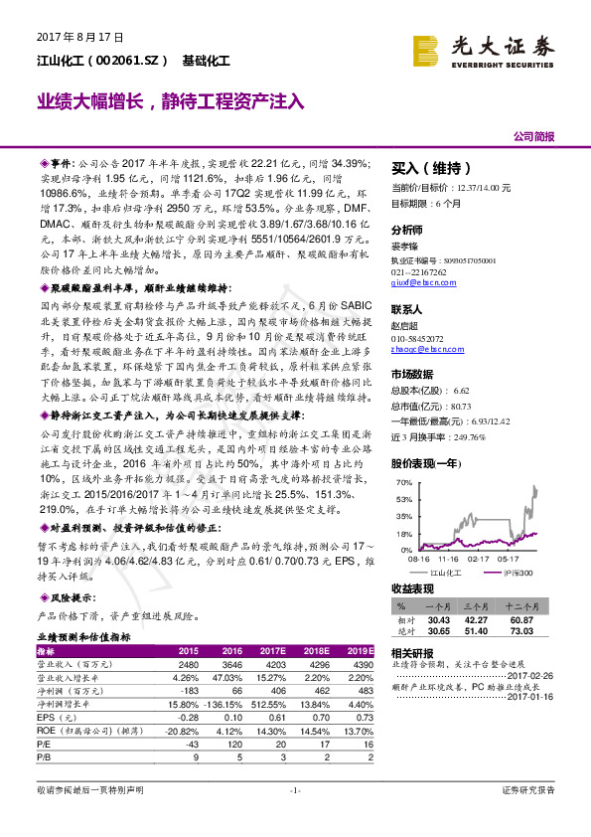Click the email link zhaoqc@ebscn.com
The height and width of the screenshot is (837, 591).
425,350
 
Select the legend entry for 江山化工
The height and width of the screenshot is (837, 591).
445,573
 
